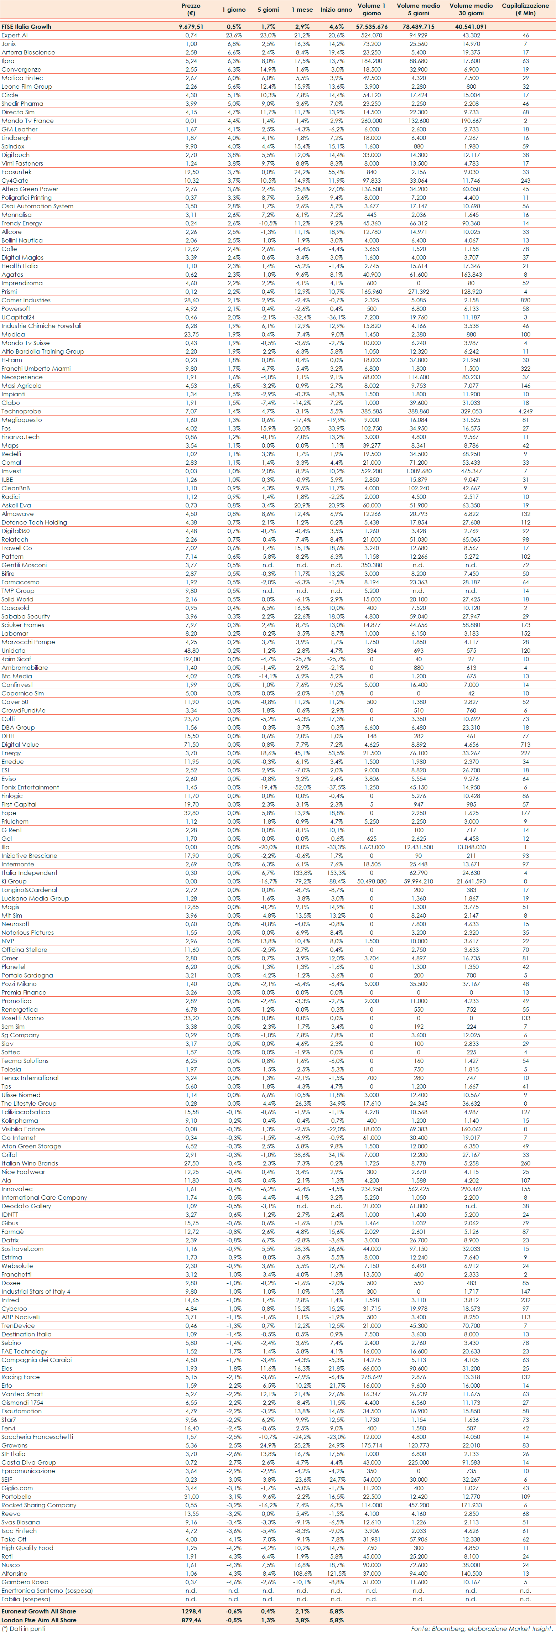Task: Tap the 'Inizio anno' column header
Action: point(336,10)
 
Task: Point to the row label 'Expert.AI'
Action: point(15,36)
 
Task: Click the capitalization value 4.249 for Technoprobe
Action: point(525,411)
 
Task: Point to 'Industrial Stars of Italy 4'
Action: point(36,1291)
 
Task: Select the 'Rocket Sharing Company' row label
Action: point(39,1505)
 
